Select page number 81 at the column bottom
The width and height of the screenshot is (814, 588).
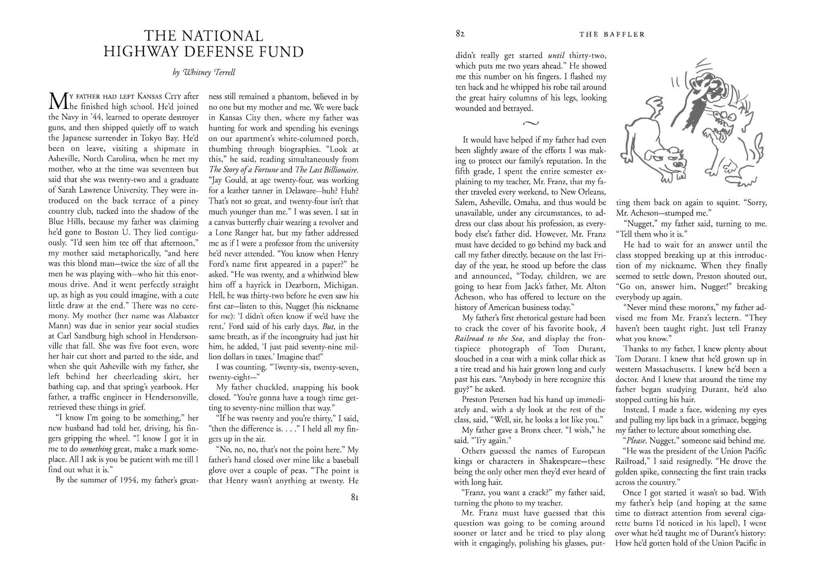(354, 498)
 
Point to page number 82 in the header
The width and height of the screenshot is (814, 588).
(461, 34)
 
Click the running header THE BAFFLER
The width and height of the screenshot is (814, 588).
(612, 35)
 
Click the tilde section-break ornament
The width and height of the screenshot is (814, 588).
(531, 123)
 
